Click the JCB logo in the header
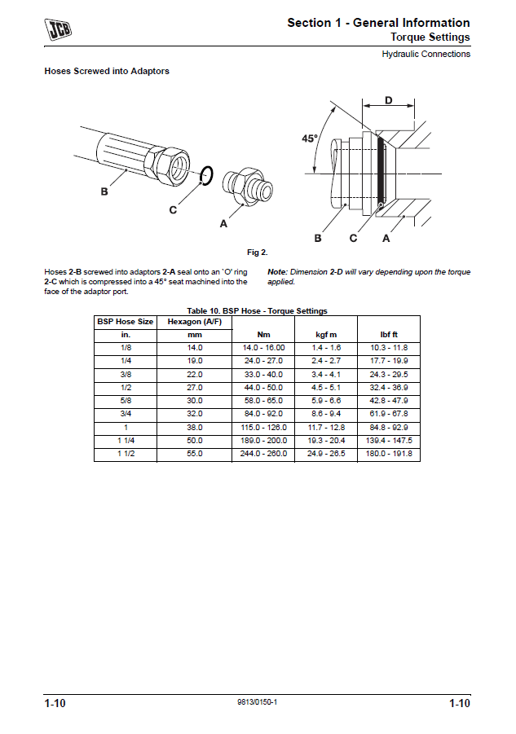coord(58,30)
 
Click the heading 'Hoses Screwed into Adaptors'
coord(107,72)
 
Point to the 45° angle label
coord(309,139)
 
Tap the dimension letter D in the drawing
coord(388,100)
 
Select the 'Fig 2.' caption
coord(258,253)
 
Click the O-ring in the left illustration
coord(206,174)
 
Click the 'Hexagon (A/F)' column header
coord(194,322)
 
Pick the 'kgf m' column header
coord(326,335)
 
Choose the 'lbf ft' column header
coord(388,335)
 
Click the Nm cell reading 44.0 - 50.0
coord(263,388)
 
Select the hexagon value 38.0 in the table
coord(194,428)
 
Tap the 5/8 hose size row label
coord(126,401)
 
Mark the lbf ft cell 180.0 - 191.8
coord(389,454)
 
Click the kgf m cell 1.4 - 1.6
coord(326,348)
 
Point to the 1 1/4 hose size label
coord(126,441)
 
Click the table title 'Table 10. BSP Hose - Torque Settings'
coord(257,311)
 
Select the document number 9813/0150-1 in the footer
coord(258,702)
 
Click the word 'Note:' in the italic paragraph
coord(278,272)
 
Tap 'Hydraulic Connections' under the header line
coord(426,55)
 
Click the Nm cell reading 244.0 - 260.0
coord(263,454)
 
